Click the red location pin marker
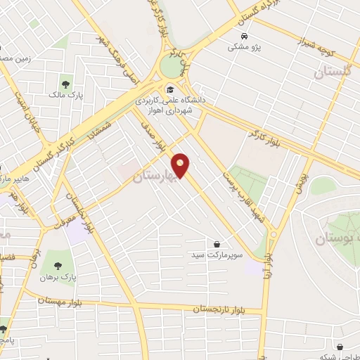click(x=181, y=165)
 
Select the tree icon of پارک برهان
click(x=58, y=266)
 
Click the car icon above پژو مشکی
click(x=243, y=36)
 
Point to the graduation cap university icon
click(x=171, y=89)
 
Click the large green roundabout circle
click(x=171, y=66)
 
